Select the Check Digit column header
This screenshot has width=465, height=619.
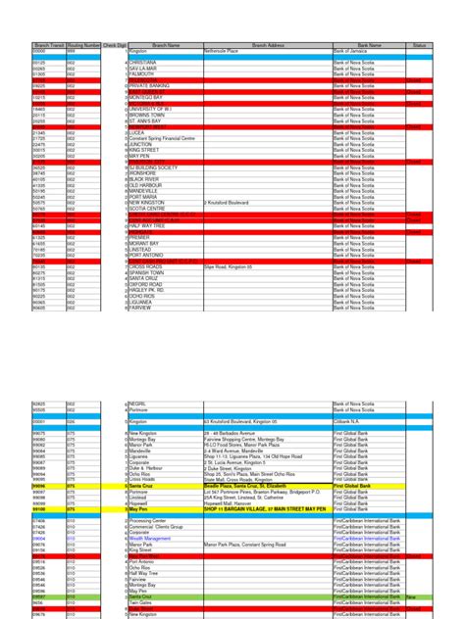pos(114,45)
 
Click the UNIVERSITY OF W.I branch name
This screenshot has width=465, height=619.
pos(154,108)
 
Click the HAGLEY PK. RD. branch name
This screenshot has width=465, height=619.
pos(148,290)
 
